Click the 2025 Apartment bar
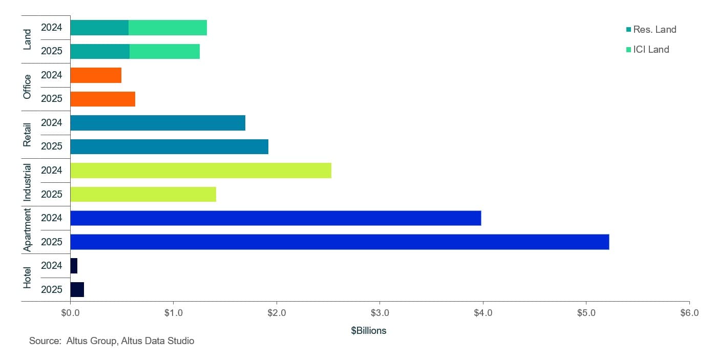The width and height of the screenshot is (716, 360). click(339, 242)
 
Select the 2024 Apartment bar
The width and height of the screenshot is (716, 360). click(275, 218)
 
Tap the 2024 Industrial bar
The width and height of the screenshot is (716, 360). click(200, 171)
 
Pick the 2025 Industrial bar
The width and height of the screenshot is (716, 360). click(143, 195)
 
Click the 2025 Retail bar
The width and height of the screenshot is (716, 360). click(169, 146)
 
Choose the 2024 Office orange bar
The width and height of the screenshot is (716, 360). click(96, 75)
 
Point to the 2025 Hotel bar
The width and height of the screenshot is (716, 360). click(77, 289)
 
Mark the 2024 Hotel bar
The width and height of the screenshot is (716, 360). click(74, 266)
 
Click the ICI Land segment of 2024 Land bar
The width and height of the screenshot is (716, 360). click(167, 28)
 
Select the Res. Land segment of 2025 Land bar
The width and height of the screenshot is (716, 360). click(100, 52)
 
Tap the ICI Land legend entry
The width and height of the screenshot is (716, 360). click(647, 50)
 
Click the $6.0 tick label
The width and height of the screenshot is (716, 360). click(689, 313)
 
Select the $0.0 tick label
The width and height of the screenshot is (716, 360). click(70, 313)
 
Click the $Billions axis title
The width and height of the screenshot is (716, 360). click(368, 331)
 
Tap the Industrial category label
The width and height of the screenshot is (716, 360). click(28, 182)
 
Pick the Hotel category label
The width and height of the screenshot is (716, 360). click(28, 278)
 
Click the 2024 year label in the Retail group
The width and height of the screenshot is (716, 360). click(51, 123)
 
